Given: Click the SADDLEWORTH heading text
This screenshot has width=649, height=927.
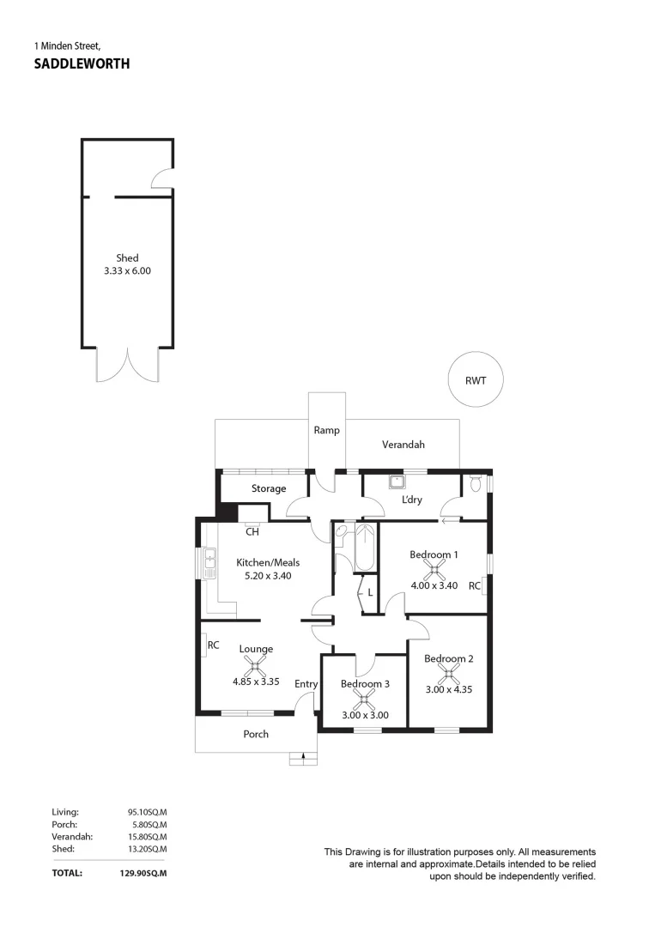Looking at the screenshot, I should (x=82, y=64).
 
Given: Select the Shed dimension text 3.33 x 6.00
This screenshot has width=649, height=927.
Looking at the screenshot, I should (x=127, y=270).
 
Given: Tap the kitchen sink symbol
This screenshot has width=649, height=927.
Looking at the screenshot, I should (x=209, y=564).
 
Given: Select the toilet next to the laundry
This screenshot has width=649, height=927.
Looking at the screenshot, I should (x=476, y=485).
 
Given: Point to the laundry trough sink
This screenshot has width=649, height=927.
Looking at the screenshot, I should (x=397, y=482).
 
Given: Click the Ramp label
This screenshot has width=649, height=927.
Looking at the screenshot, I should (x=326, y=430).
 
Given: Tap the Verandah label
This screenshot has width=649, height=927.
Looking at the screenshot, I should (x=403, y=445).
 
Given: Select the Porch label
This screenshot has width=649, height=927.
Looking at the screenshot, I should (x=256, y=734).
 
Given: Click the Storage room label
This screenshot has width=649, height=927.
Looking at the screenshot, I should (x=269, y=488).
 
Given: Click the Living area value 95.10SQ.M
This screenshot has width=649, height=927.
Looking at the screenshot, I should (x=147, y=811).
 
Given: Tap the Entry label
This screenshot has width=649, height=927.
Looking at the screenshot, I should (x=306, y=684).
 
